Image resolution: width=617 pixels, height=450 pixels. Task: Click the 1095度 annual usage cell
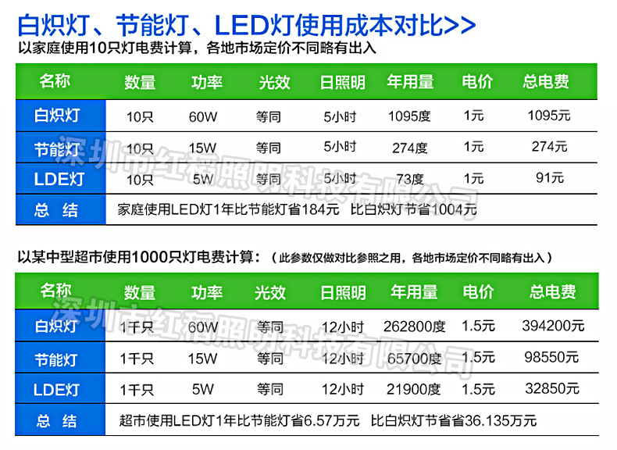pyautogui.click(x=409, y=116)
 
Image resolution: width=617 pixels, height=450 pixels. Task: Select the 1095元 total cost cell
pyautogui.click(x=549, y=116)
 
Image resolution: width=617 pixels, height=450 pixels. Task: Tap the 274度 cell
pyautogui.click(x=409, y=147)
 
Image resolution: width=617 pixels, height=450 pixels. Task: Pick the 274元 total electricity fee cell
pyautogui.click(x=549, y=146)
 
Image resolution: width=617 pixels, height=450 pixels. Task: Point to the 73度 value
pyautogui.click(x=409, y=178)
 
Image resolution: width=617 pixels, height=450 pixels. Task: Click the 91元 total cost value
pyautogui.click(x=549, y=177)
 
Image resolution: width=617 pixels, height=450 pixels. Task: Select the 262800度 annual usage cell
pyautogui.click(x=415, y=327)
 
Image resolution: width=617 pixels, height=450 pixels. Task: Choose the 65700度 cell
pyautogui.click(x=415, y=359)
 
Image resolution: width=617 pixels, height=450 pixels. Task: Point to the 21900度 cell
pyautogui.click(x=415, y=389)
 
